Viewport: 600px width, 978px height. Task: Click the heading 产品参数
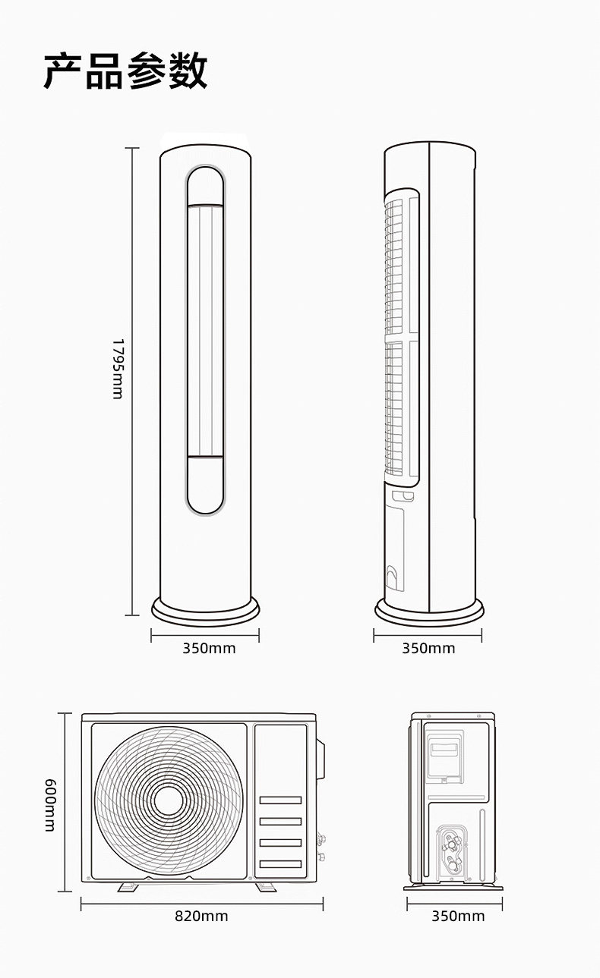click(125, 71)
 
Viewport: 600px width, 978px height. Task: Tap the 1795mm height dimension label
click(118, 369)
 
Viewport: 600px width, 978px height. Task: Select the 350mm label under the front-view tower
click(209, 649)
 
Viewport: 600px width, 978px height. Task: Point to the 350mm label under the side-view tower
click(428, 649)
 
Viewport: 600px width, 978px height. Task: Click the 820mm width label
click(201, 916)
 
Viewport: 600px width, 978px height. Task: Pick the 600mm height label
click(51, 805)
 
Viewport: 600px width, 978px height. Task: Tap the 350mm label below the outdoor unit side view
click(458, 916)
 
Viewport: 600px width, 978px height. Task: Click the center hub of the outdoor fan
click(169, 800)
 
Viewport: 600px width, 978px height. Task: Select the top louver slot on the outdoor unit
click(280, 800)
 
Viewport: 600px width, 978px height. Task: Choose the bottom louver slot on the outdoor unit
click(280, 863)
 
